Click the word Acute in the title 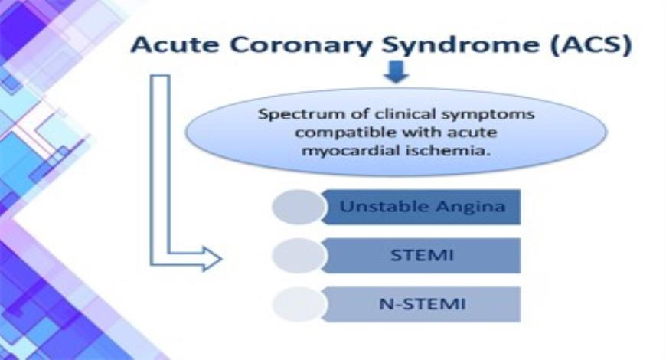[170, 44]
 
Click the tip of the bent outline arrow [220, 258]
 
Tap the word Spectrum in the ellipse [289, 116]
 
